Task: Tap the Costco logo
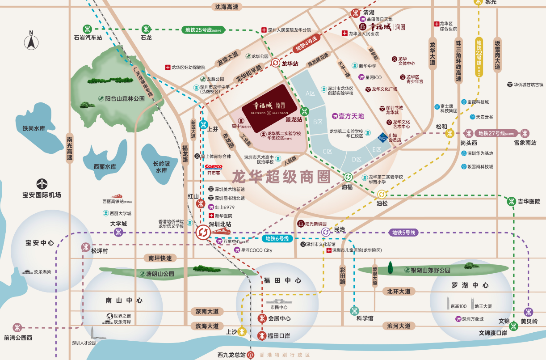pos(214,167)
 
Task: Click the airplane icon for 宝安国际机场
pos(42,184)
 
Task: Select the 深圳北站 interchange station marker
pos(202,233)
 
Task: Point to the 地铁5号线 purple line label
pos(403,233)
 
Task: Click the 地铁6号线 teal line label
pos(277,238)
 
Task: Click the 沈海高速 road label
pos(227,7)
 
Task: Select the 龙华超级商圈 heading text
pos(281,176)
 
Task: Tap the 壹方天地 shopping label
pos(349,116)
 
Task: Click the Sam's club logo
pos(382,137)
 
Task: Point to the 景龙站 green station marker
pos(305,111)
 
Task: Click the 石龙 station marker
pos(146,28)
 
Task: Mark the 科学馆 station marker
pos(355,310)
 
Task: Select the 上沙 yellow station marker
pos(242,331)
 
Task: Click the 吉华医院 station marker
pos(512,201)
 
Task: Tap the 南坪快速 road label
pos(160,258)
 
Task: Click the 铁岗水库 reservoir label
pos(34,128)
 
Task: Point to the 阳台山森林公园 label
pos(121,98)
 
